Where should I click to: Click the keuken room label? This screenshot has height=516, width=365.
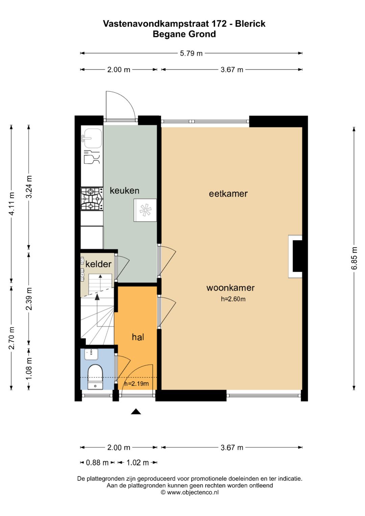tap(124, 191)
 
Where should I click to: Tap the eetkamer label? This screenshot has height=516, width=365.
tap(228, 194)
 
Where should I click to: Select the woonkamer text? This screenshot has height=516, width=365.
tap(230, 288)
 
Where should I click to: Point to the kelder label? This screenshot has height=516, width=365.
tap(98, 264)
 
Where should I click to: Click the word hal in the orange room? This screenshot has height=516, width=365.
tap(138, 337)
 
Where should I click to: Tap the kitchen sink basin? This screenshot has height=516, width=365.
tap(93, 138)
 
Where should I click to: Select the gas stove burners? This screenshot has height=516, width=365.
tap(92, 199)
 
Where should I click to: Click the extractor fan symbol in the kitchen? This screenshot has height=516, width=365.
tap(145, 210)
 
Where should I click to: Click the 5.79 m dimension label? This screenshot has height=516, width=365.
tap(191, 53)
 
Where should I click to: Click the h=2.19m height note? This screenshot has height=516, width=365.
tap(137, 384)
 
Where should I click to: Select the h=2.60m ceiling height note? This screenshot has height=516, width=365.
tap(233, 299)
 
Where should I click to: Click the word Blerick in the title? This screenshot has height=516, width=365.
tap(250, 24)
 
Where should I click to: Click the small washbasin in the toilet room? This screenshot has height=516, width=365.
tap(91, 354)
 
